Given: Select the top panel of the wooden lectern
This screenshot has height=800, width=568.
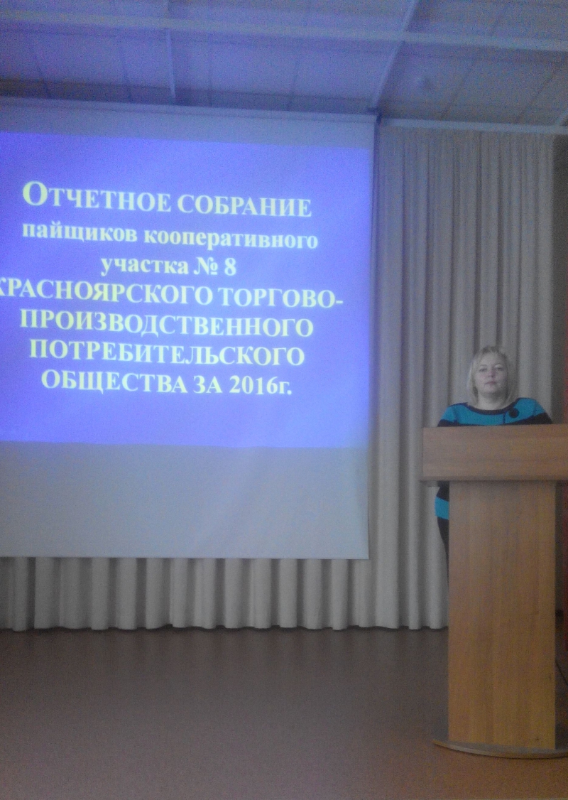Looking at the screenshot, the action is [x=495, y=453].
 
